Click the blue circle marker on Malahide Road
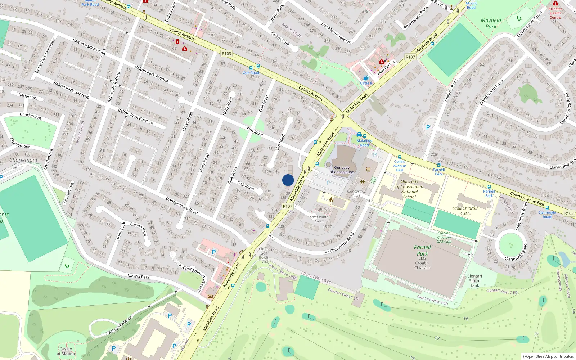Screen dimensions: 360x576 [288, 180]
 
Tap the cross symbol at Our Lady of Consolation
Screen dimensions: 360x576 [342, 162]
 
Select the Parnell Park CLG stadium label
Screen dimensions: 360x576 [422, 257]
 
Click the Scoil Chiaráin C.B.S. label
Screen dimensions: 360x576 [465, 211]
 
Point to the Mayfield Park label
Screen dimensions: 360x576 [491, 23]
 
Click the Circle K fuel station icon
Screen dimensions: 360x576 [366, 78]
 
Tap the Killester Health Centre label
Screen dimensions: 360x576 [555, 13]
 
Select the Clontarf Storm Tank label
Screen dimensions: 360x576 [475, 281]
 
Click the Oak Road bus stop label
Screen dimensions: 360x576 [251, 73]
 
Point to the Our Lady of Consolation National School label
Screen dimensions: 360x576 [410, 189]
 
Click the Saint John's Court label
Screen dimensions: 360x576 [319, 219]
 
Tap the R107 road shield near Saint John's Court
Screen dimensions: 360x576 [287, 206]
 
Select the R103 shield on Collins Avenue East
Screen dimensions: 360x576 [569, 213]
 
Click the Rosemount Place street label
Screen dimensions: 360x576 [416, 17]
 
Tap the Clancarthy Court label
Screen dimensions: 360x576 [356, 194]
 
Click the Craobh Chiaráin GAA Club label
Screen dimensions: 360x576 [444, 237]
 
